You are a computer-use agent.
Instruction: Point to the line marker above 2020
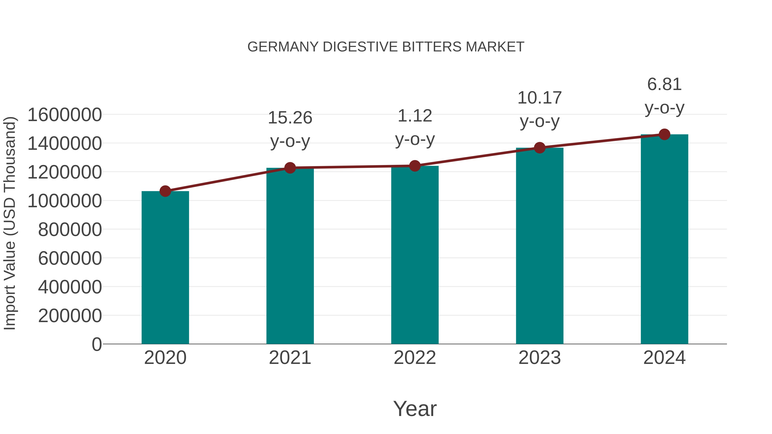[x=165, y=191]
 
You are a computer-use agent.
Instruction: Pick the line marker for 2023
[x=540, y=148]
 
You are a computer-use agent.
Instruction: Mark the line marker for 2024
[x=664, y=134]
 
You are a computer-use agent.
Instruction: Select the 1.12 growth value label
[x=415, y=116]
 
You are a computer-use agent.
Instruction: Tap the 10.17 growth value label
[x=540, y=98]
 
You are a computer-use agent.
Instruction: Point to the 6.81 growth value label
[x=664, y=84]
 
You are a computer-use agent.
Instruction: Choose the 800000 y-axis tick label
[x=70, y=230]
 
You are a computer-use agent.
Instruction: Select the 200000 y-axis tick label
[x=70, y=316]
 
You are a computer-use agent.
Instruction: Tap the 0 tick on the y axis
[x=97, y=344]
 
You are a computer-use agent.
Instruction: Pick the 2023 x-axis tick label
[x=540, y=358]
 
